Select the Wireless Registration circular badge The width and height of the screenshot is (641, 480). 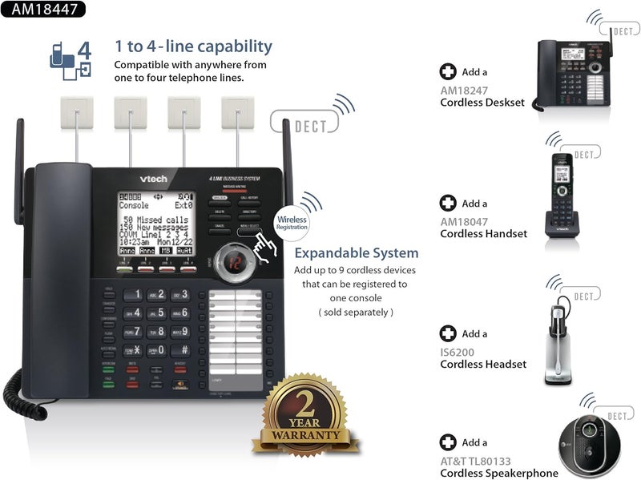coord(291,221)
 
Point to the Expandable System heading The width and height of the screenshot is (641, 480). coord(357,253)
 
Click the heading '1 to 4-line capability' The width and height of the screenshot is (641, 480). coord(193,46)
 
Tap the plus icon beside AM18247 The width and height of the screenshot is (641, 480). coord(448,72)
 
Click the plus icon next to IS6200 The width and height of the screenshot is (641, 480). coord(448,333)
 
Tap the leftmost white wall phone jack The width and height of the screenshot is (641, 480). coord(76,113)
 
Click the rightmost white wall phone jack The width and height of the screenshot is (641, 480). coord(237,113)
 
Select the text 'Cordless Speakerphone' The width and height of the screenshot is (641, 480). coord(499,473)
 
